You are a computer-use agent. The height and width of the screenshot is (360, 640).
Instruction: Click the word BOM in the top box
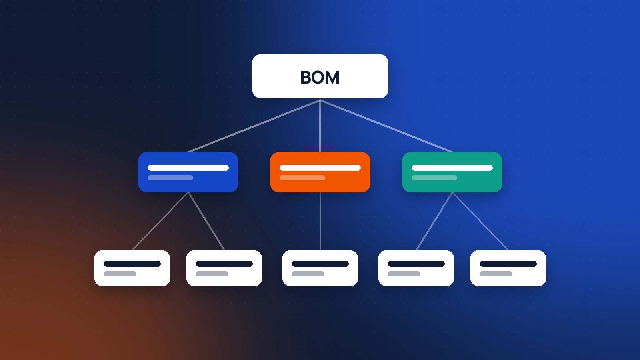pyautogui.click(x=320, y=77)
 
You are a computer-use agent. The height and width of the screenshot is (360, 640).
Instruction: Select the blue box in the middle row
pyautogui.click(x=188, y=172)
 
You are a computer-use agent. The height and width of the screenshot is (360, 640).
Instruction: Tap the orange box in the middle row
pyautogui.click(x=320, y=172)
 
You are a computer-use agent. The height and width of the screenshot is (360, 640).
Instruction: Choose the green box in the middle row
pyautogui.click(x=452, y=172)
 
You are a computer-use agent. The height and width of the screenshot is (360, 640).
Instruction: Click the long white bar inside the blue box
pyautogui.click(x=188, y=168)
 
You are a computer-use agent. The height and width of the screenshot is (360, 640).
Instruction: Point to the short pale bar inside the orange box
pyautogui.click(x=302, y=178)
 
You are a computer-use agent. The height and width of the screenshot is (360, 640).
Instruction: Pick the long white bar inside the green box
pyautogui.click(x=452, y=168)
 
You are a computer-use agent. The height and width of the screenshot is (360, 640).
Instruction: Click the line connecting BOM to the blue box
pyautogui.click(x=254, y=126)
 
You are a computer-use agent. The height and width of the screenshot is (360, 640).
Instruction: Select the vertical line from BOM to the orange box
pyautogui.click(x=320, y=126)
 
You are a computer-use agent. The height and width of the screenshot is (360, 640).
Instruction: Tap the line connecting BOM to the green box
pyautogui.click(x=386, y=126)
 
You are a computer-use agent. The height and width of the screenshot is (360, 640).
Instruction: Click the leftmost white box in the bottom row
pyautogui.click(x=132, y=268)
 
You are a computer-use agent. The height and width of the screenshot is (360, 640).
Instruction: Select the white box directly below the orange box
pyautogui.click(x=320, y=268)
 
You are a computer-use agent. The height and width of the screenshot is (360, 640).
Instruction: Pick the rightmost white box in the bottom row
pyautogui.click(x=508, y=268)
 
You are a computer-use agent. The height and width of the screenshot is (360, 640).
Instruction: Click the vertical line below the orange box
pyautogui.click(x=320, y=221)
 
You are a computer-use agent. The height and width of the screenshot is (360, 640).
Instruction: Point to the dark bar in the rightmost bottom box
pyautogui.click(x=508, y=264)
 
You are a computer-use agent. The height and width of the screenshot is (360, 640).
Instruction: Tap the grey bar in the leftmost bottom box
pyautogui.click(x=120, y=274)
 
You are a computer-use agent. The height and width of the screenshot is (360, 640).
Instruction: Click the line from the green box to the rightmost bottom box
pyautogui.click(x=480, y=221)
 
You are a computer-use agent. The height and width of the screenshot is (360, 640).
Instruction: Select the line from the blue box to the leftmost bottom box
pyautogui.click(x=160, y=221)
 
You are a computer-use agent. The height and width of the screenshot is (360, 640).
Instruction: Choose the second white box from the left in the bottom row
pyautogui.click(x=224, y=268)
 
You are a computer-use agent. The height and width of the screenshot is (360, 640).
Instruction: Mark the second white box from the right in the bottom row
pyautogui.click(x=416, y=268)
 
